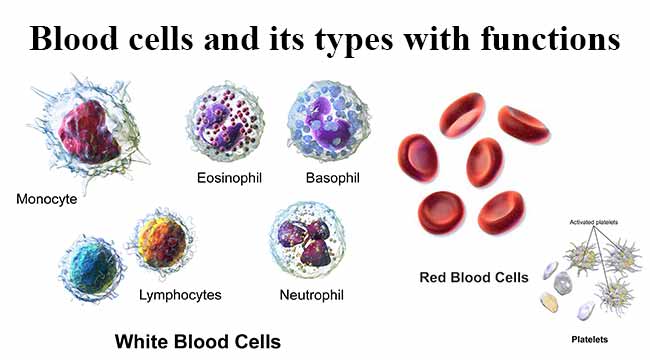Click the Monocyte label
tap(47, 198)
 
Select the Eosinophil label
tap(228, 179)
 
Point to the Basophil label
tap(332, 179)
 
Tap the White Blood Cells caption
tap(198, 341)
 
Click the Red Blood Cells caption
tap(473, 276)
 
